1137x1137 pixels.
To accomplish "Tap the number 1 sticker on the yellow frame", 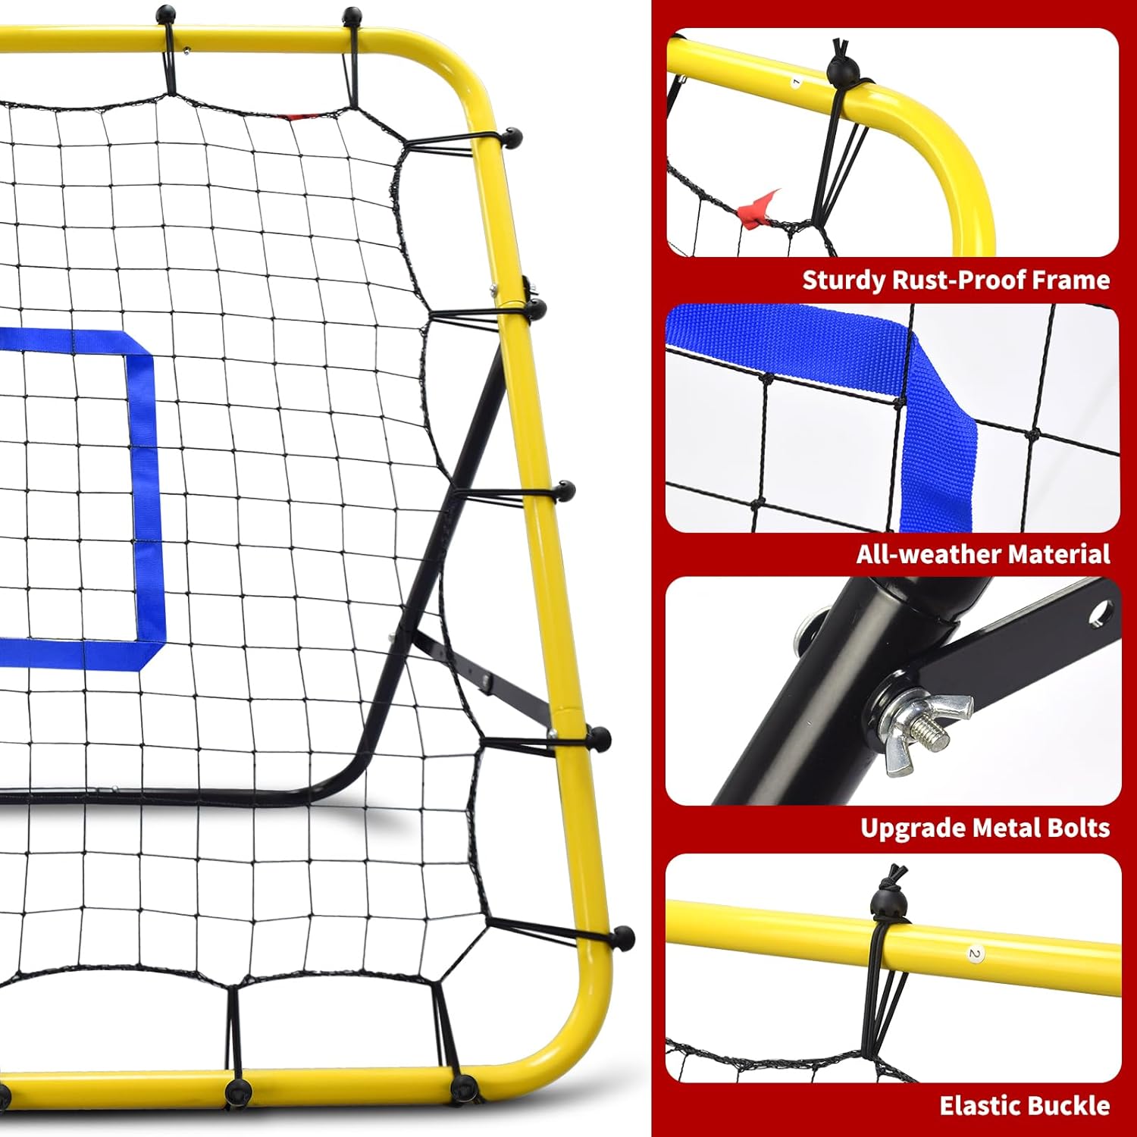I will tap(796, 80).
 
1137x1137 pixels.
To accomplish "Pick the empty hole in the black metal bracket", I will tap(1098, 612).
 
